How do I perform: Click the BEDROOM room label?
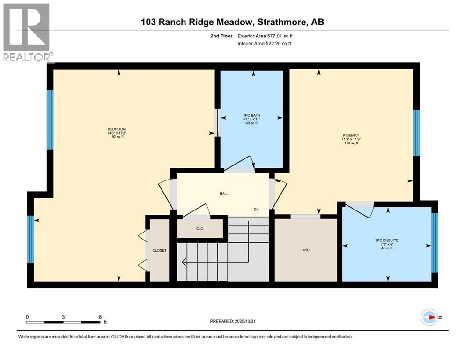click(x=117, y=129)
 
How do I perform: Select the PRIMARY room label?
click(x=350, y=135)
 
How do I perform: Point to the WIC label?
click(x=305, y=250)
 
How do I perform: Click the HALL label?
click(x=224, y=194)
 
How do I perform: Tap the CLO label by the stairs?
click(x=199, y=229)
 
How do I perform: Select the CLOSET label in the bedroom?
click(x=159, y=250)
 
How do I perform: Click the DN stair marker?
click(x=256, y=210)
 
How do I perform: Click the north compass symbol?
click(x=430, y=317)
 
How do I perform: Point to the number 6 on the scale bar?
click(x=100, y=316)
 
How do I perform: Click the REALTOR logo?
click(x=27, y=33)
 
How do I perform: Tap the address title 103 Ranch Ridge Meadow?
click(x=232, y=22)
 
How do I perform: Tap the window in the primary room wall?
click(x=416, y=133)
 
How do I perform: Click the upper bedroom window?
click(x=50, y=120)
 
